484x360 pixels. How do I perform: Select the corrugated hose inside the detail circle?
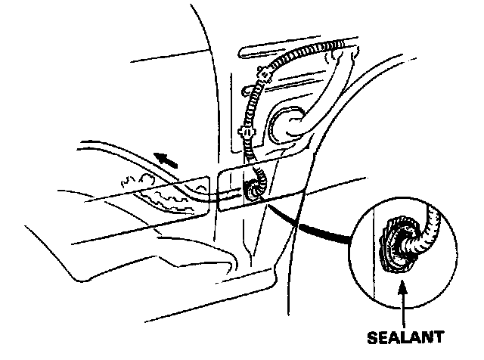(427, 227)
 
